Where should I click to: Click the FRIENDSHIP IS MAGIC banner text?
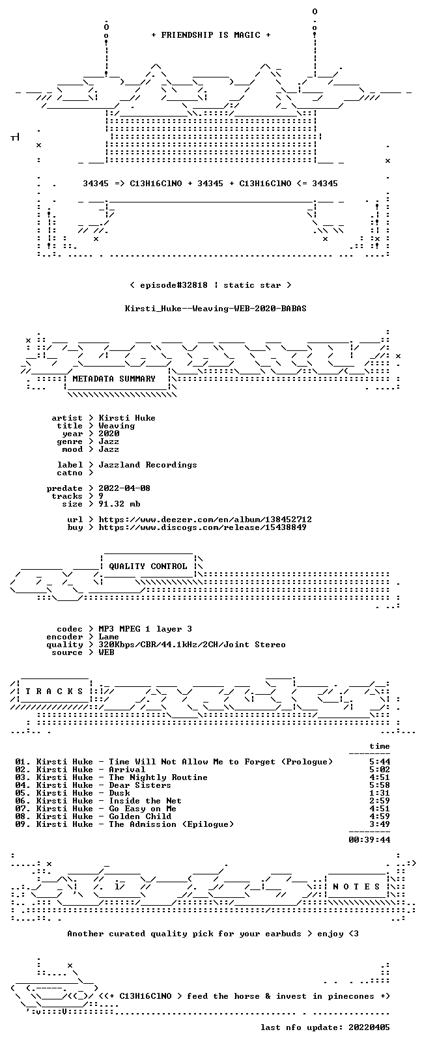coord(211,35)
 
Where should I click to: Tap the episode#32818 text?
coord(173,285)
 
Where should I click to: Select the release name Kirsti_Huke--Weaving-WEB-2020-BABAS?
coord(216,309)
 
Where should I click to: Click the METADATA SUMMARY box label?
coord(114,378)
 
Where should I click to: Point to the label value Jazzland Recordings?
coord(148,465)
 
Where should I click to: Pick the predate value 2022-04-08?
coord(124,488)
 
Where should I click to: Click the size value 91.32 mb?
coord(119,504)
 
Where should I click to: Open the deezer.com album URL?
coord(205,520)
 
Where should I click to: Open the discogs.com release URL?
coord(203,527)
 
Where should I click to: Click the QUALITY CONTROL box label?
coord(148,566)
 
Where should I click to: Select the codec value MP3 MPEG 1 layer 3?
coord(145,629)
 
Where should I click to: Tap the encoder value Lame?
coord(109,637)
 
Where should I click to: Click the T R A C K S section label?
coord(54,691)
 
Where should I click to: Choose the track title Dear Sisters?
coord(140,785)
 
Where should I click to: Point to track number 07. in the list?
coord(23,809)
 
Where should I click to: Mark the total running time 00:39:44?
coord(369,840)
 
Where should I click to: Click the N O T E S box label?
coord(357,887)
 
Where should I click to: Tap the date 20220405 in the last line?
coord(369,1027)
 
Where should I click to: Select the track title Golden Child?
coord(140,817)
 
